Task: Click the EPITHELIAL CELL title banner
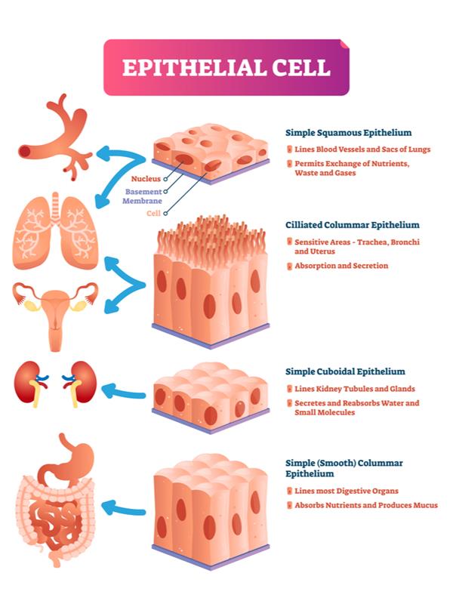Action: click(226, 67)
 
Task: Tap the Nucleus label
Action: click(145, 179)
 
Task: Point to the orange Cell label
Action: click(153, 214)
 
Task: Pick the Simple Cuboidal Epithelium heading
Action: click(345, 371)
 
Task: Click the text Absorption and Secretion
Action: click(341, 266)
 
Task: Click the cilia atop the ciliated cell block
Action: click(211, 234)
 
